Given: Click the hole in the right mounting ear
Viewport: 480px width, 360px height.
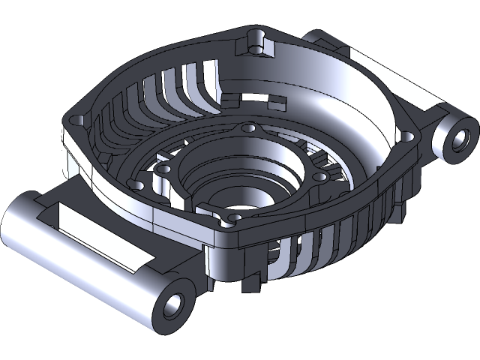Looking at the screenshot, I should click(461, 138).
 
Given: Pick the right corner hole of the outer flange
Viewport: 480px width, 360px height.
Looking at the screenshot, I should click(407, 137).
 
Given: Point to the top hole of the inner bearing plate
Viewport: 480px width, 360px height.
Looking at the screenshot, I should click(247, 131).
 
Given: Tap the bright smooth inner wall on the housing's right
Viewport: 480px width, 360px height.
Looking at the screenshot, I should click(352, 112).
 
